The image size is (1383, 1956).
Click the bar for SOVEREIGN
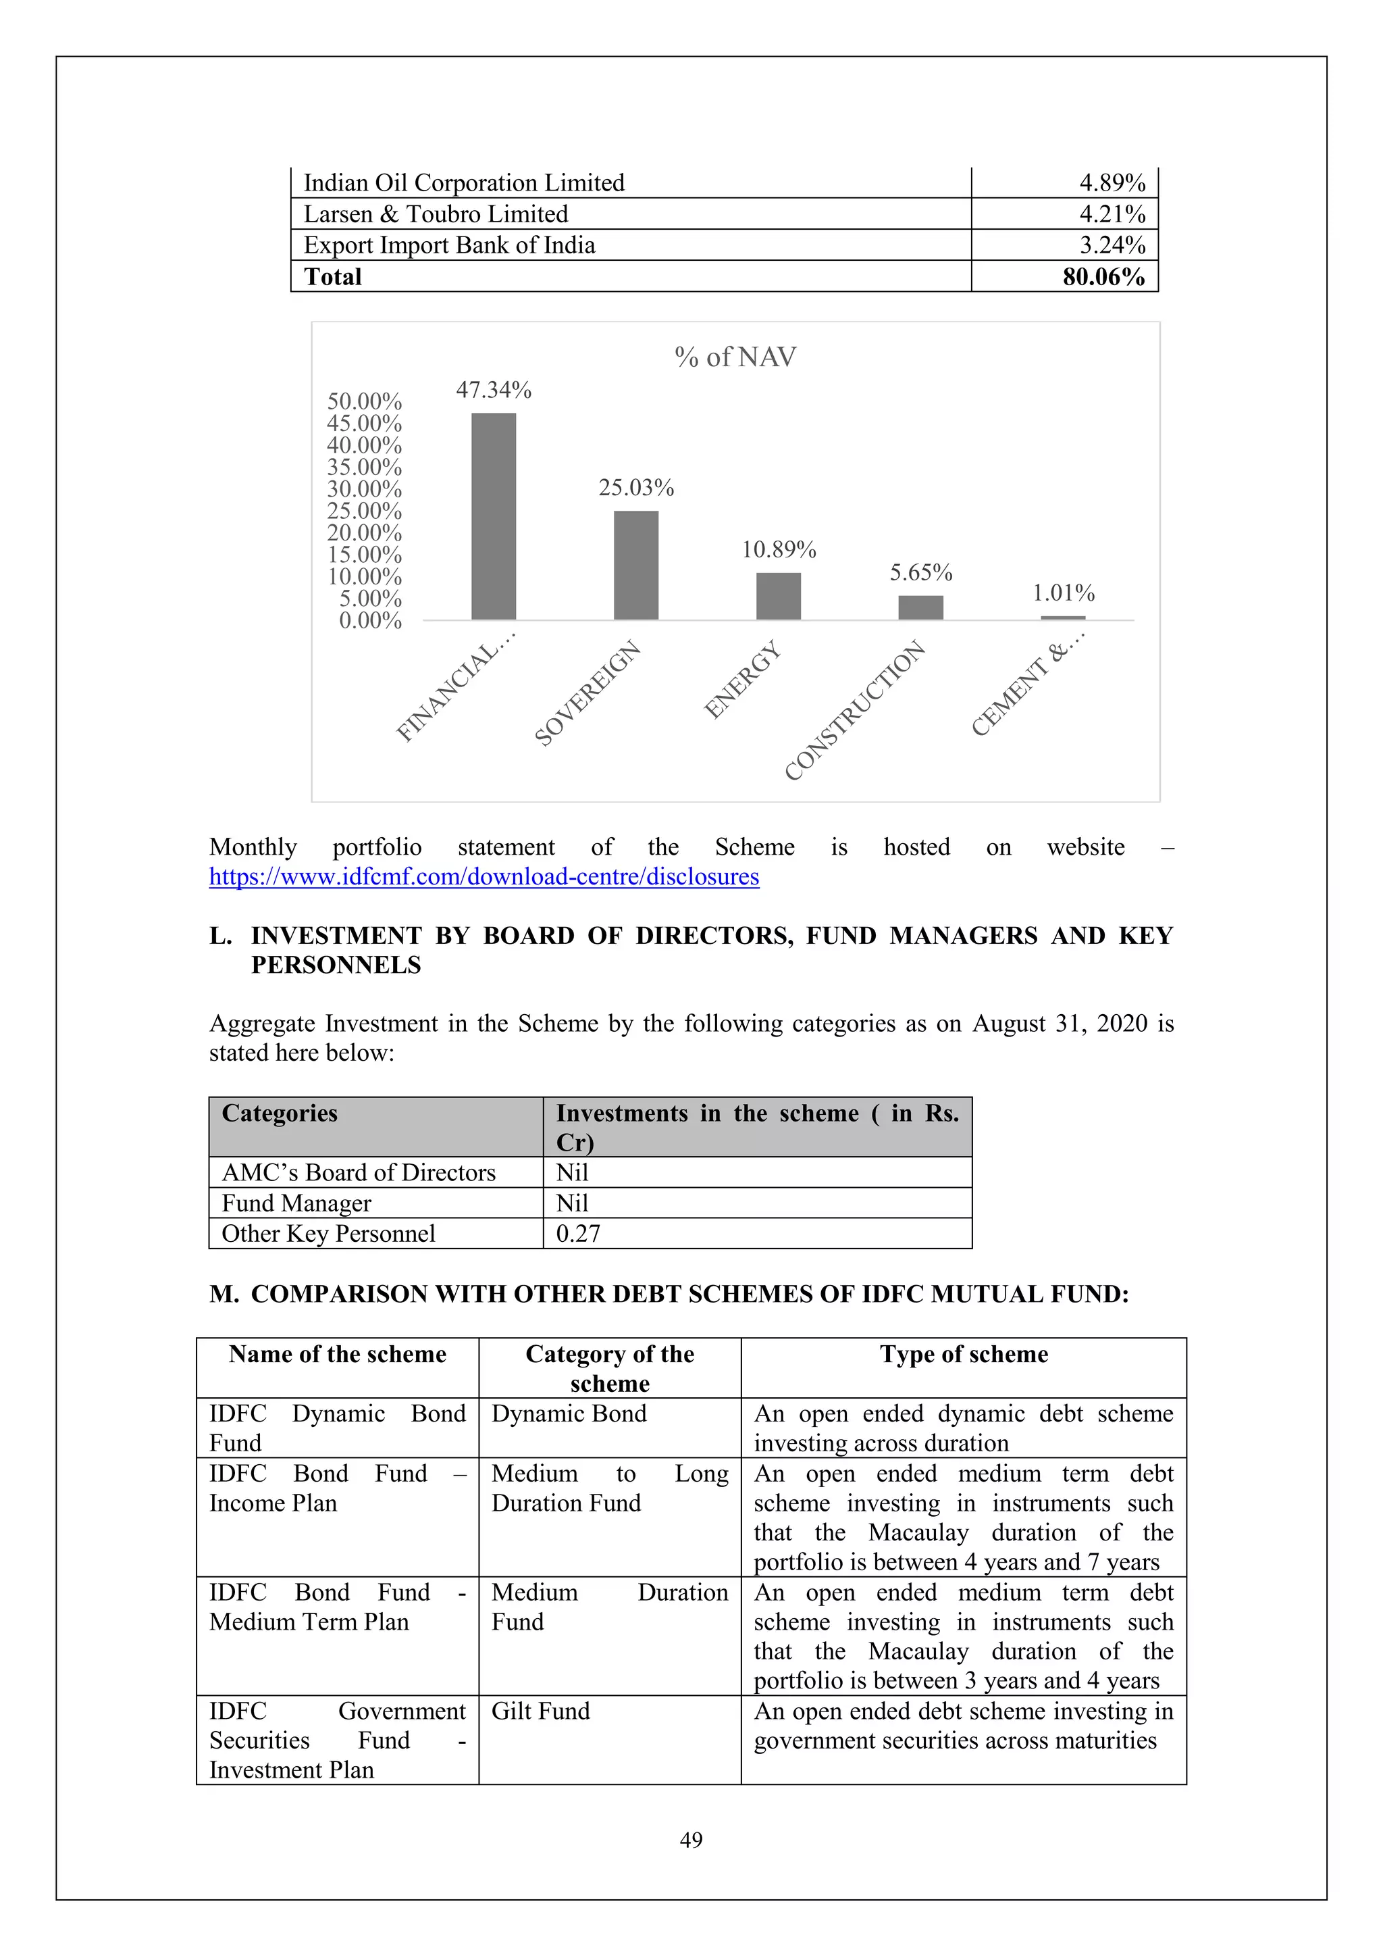pyautogui.click(x=635, y=565)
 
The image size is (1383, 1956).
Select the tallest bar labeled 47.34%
pyautogui.click(x=493, y=516)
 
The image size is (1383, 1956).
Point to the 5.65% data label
pyautogui.click(x=920, y=572)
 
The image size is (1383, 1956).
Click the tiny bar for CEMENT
pyautogui.click(x=1062, y=617)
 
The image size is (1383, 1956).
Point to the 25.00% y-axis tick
pyautogui.click(x=365, y=510)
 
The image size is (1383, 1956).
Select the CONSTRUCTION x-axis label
pyautogui.click(x=854, y=709)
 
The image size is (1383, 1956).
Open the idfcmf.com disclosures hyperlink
pyautogui.click(x=484, y=876)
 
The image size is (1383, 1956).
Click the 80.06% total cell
pyautogui.click(x=1103, y=277)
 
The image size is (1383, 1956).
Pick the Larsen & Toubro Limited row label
pyautogui.click(x=436, y=214)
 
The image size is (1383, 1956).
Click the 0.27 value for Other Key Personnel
pyautogui.click(x=578, y=1234)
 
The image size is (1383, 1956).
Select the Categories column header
pyautogui.click(x=280, y=1113)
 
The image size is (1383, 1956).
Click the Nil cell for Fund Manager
pyautogui.click(x=572, y=1203)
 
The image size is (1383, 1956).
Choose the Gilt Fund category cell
pyautogui.click(x=541, y=1711)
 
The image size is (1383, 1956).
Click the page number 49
pyautogui.click(x=691, y=1840)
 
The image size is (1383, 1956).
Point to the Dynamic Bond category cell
pyautogui.click(x=569, y=1413)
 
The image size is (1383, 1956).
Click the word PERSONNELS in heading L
pyautogui.click(x=336, y=966)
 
